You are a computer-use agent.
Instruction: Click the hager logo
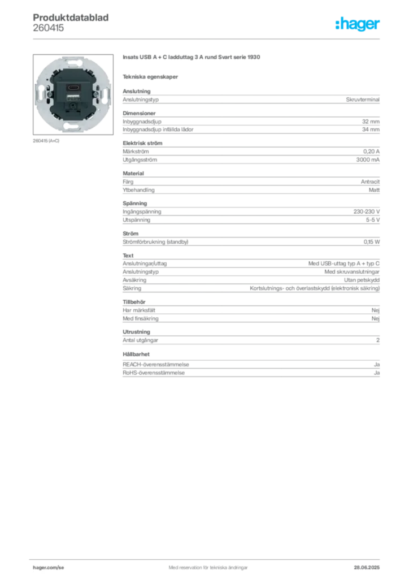(358, 24)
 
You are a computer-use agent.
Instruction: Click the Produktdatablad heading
(71, 18)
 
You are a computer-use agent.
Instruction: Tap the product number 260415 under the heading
(49, 28)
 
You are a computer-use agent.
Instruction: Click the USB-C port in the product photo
(73, 88)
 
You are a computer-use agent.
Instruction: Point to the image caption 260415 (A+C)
(46, 141)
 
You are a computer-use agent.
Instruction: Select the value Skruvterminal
(363, 100)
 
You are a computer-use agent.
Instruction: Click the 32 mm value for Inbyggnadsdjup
(371, 122)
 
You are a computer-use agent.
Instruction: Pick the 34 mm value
(371, 129)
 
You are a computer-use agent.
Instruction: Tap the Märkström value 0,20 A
(371, 152)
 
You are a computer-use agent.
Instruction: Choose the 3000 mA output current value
(368, 160)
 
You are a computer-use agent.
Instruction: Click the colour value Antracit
(370, 182)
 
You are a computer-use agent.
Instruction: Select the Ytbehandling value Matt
(374, 190)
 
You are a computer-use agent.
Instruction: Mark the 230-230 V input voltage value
(366, 211)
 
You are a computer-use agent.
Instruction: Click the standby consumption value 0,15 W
(371, 242)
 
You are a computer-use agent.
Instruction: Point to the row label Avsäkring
(134, 280)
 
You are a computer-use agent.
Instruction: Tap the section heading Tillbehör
(134, 302)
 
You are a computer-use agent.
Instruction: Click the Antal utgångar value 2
(378, 340)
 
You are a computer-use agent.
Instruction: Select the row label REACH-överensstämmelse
(155, 365)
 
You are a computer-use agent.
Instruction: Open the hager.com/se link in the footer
(49, 568)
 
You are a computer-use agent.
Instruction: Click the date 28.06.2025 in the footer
(367, 568)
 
